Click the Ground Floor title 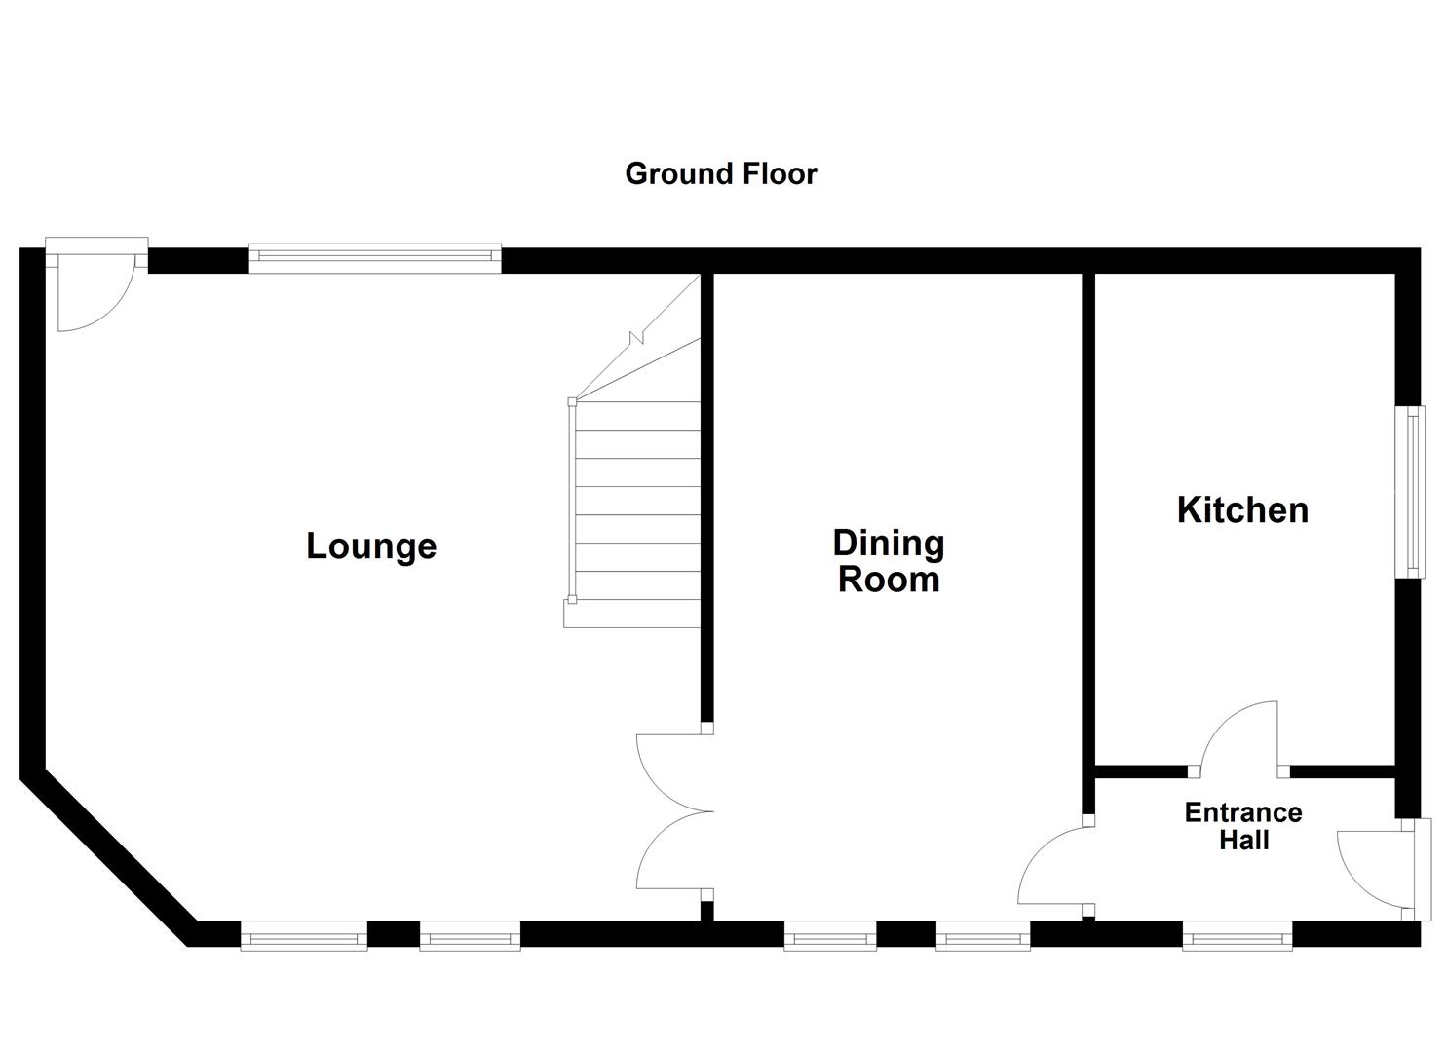click(x=720, y=174)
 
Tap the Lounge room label click(x=371, y=545)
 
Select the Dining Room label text click(x=889, y=561)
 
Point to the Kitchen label click(x=1242, y=510)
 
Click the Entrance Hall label click(x=1243, y=826)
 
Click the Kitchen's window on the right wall click(x=1409, y=492)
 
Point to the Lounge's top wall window click(x=375, y=256)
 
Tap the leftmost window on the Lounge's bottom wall click(x=303, y=938)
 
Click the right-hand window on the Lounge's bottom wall click(x=470, y=938)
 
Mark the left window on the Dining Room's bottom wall click(x=830, y=938)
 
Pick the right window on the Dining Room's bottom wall click(x=982, y=938)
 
